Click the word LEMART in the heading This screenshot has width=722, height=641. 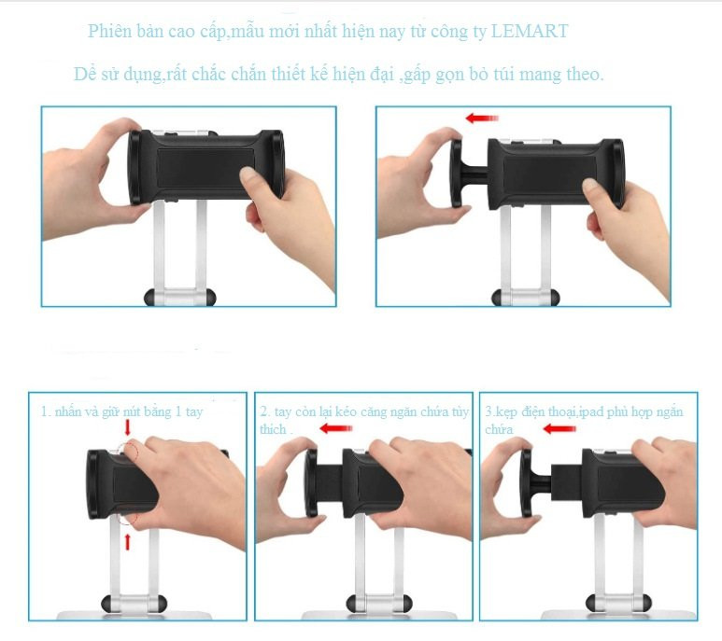point(530,31)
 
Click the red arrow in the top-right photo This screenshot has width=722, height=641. point(482,118)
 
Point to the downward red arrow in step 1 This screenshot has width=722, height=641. point(128,427)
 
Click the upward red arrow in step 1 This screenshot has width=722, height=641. point(128,541)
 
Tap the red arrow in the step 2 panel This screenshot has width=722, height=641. point(335,428)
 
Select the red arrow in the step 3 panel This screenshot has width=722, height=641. point(559,429)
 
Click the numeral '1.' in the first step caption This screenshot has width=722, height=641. point(46,411)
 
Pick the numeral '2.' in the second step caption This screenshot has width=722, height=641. point(264,411)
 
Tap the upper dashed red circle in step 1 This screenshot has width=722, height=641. point(130,450)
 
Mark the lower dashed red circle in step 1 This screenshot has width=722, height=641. point(129,516)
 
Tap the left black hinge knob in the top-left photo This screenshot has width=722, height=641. point(151,297)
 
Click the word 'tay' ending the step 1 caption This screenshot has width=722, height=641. point(194,412)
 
